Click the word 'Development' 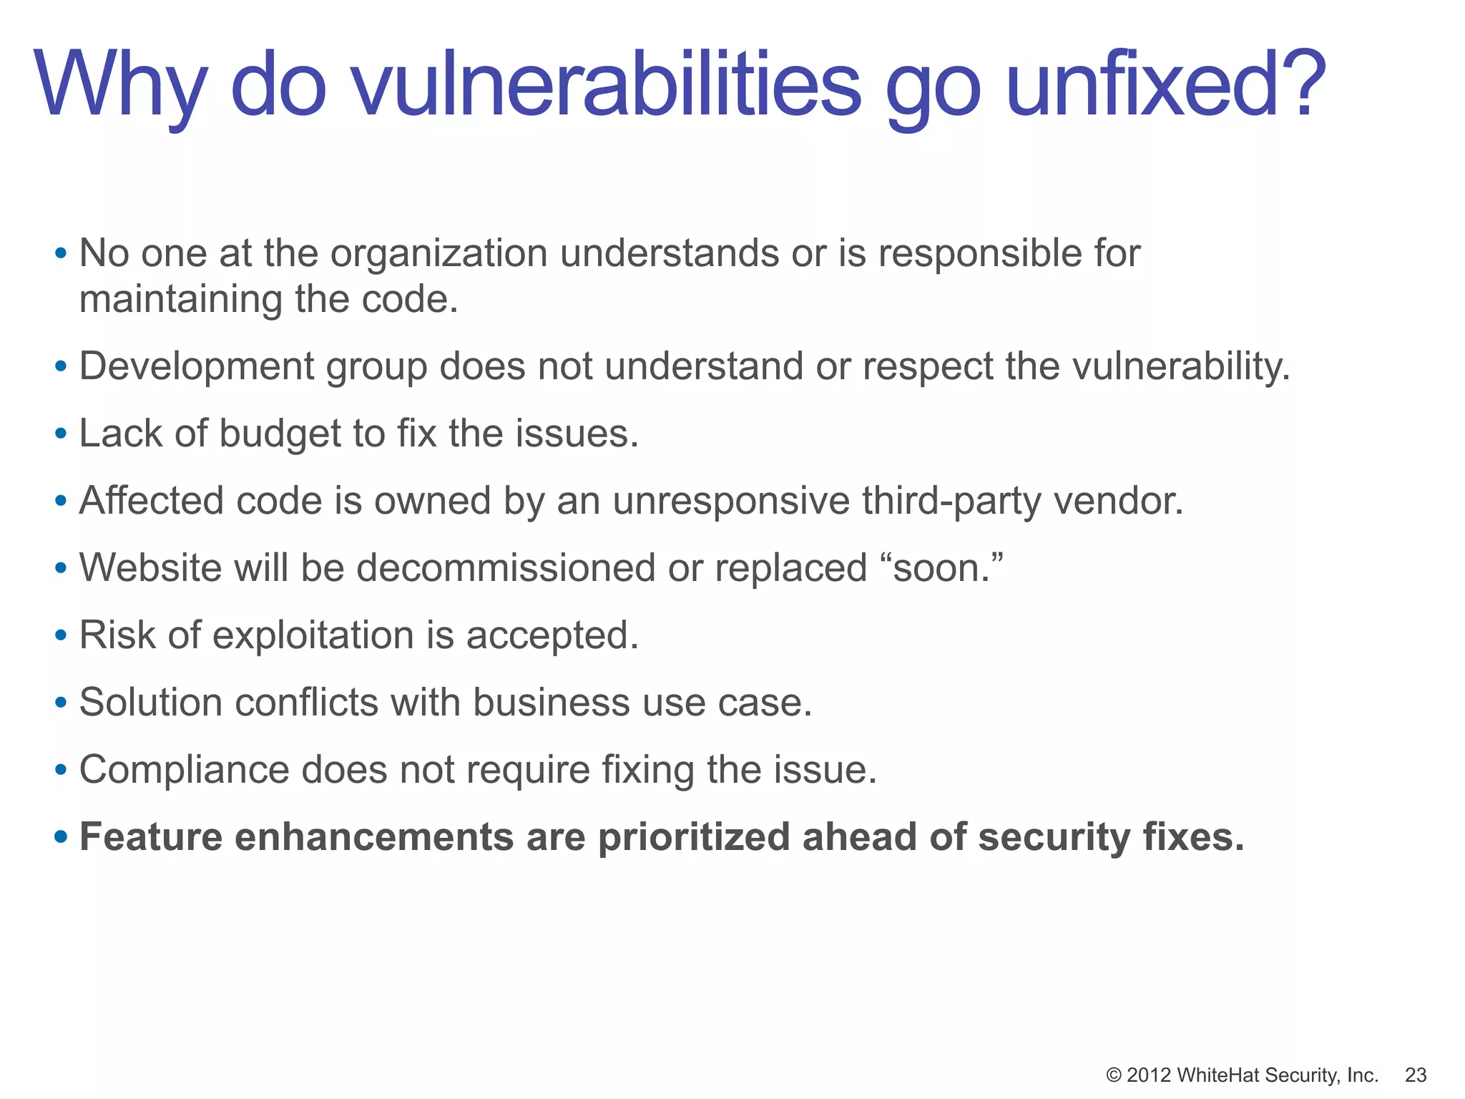[x=196, y=367]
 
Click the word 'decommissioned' [x=506, y=568]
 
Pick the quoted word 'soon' [x=937, y=568]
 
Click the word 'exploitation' [x=313, y=635]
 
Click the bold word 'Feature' [x=151, y=837]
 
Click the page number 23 [x=1416, y=1075]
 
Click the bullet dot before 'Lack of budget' [x=61, y=434]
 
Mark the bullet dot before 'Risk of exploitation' [x=61, y=635]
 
